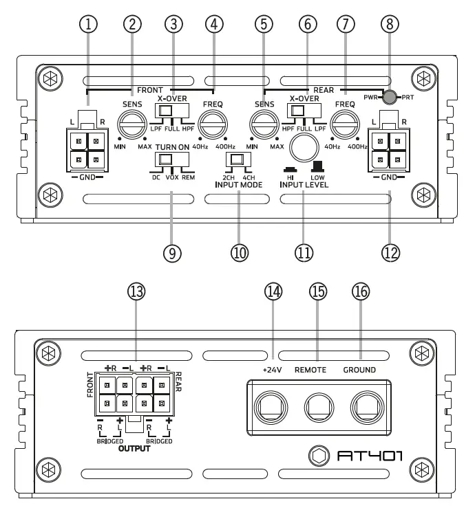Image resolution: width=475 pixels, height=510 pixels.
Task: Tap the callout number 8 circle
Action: click(x=391, y=25)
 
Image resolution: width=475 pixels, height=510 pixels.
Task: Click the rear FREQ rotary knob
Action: click(x=344, y=126)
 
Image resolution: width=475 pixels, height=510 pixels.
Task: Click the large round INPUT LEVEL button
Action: click(x=303, y=148)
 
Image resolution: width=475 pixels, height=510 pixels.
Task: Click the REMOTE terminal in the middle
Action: click(x=315, y=411)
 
